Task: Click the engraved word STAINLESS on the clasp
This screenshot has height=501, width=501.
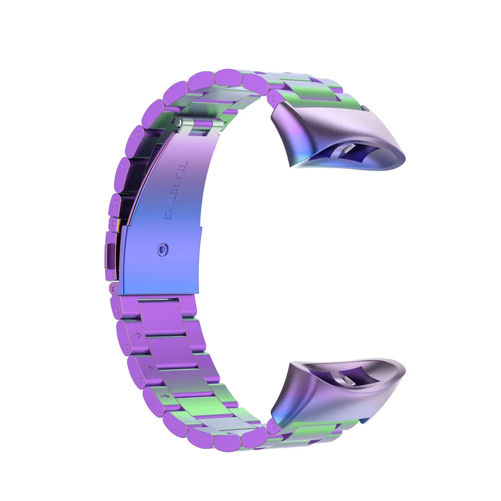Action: pos(172,199)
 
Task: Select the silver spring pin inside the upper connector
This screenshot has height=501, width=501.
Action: pos(349,148)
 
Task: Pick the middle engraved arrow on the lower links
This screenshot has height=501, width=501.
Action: pos(148,368)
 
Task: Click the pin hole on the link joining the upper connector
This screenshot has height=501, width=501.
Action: pos(274,94)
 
